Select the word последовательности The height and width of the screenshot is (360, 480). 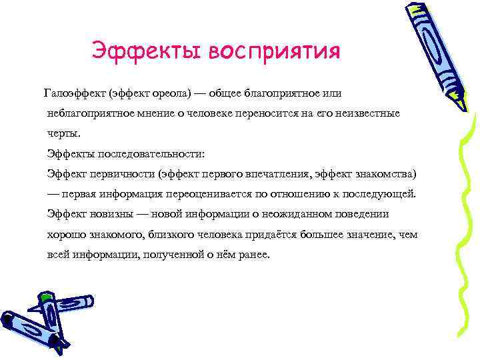[147, 154]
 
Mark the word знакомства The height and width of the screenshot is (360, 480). [385, 174]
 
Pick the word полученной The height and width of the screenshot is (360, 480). [171, 255]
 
